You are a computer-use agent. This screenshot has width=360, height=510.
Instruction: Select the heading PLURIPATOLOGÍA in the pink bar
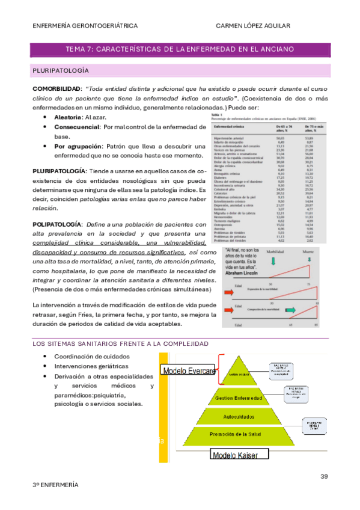(60, 71)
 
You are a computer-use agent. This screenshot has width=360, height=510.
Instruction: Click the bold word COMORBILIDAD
(56, 88)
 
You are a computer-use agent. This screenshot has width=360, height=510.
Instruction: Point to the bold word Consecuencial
(76, 127)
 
